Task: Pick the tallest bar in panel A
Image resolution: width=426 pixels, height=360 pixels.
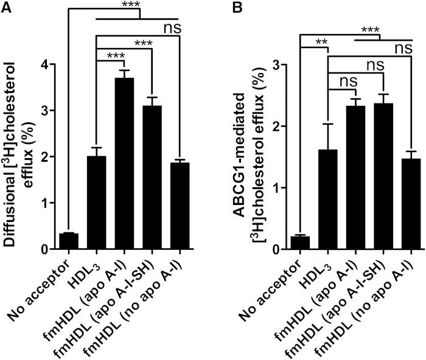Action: pyautogui.click(x=124, y=164)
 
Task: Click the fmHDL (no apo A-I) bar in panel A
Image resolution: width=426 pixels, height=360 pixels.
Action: pyautogui.click(x=180, y=206)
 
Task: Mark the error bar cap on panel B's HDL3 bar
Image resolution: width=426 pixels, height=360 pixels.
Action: pyautogui.click(x=328, y=124)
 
